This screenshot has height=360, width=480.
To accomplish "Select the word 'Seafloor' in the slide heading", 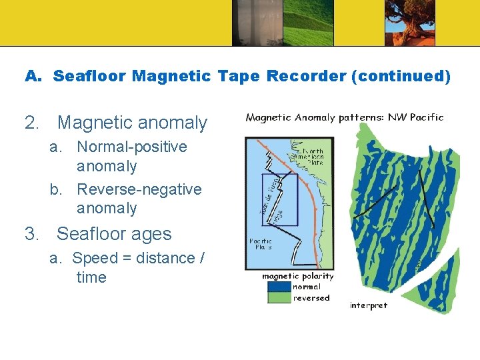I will [90, 76].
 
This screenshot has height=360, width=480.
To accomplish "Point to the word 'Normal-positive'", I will [132, 147].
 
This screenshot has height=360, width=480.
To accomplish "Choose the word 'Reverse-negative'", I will [139, 189].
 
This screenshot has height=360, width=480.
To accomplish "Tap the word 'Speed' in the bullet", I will [94, 258].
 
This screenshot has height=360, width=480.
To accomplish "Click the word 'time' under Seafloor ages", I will [91, 277].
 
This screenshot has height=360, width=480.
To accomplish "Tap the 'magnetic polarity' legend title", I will [297, 276].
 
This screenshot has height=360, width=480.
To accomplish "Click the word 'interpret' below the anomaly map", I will [368, 305].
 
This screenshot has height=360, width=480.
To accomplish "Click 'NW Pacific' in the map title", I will [417, 117].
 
